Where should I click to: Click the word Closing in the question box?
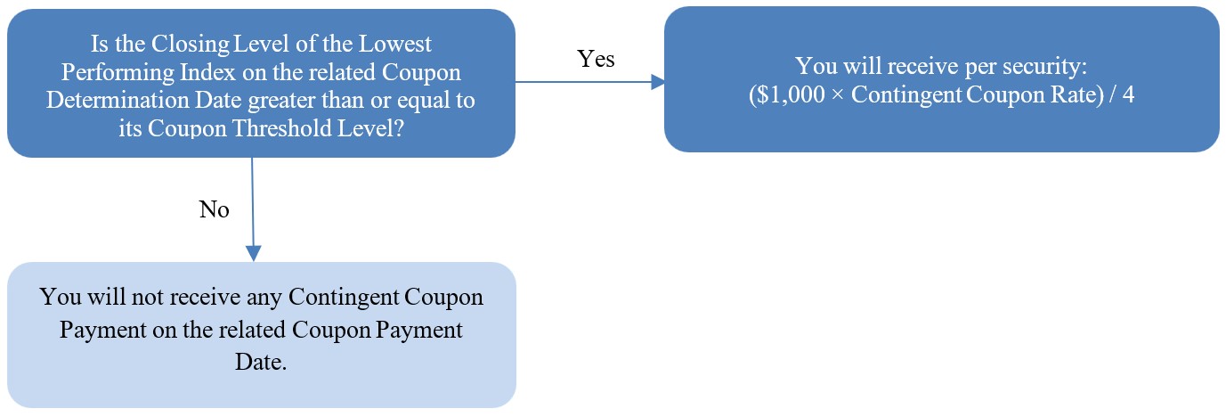pos(190,45)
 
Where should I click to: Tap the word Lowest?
pos(394,44)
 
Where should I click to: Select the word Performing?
pos(118,73)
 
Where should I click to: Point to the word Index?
pos(208,72)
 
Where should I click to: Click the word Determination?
pos(118,101)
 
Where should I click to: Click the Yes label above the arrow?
pos(596,59)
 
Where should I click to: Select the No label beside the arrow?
pos(214,209)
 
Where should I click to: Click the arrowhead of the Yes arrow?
pos(658,83)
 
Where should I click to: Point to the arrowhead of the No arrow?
pos(254,254)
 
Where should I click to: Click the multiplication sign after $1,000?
pos(838,95)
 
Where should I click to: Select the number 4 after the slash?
pos(1128,94)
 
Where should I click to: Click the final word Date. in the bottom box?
pos(261,363)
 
